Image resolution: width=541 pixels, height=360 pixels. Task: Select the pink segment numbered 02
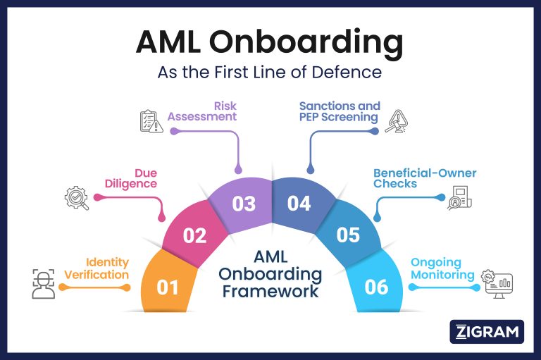(x=194, y=235)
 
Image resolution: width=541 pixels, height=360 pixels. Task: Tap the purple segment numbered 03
(x=244, y=204)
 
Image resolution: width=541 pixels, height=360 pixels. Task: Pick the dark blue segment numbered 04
(x=299, y=204)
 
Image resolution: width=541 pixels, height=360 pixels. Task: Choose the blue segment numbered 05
(x=348, y=235)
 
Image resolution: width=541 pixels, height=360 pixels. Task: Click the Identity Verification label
(x=97, y=268)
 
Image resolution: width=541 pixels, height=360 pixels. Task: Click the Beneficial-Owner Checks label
(x=425, y=178)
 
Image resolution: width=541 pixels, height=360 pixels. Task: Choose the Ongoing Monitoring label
(x=442, y=268)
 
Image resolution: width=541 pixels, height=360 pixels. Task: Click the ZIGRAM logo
(x=486, y=331)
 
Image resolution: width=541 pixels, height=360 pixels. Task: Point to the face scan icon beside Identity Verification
(x=43, y=282)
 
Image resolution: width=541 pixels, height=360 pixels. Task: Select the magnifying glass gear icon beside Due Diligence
(x=76, y=198)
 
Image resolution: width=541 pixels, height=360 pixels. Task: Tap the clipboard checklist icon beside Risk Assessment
(x=148, y=121)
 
